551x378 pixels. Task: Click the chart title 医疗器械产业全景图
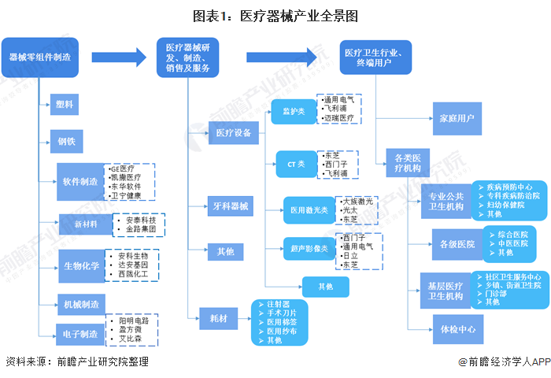(275, 15)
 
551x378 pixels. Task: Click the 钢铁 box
(67, 143)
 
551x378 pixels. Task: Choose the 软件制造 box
(80, 182)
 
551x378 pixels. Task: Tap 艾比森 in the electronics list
(129, 339)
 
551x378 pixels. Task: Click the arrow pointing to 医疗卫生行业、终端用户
(285, 57)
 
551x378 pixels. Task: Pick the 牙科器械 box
(231, 208)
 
